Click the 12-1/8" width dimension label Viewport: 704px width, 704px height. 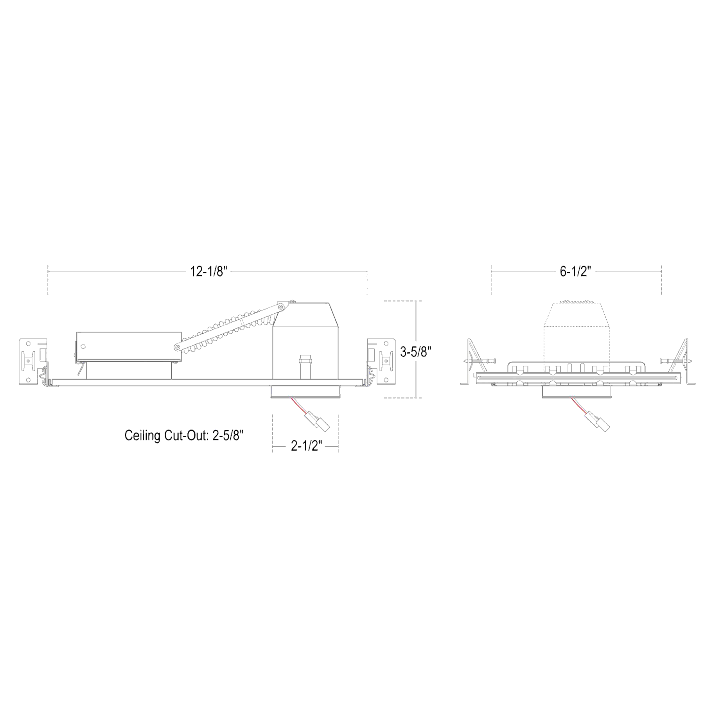coord(208,271)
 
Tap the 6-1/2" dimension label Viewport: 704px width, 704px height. coord(575,271)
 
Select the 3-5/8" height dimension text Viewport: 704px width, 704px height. coord(415,352)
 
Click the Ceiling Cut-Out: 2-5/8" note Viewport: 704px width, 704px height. coord(187,435)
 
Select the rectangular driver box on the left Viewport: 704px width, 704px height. coord(129,347)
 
